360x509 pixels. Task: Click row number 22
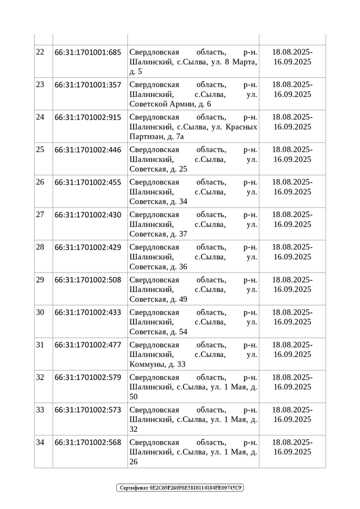40,52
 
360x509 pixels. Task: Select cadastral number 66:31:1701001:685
88,52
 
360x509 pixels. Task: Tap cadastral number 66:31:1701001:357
88,85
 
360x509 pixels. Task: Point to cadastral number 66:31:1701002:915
88,117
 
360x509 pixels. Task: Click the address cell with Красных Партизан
193,127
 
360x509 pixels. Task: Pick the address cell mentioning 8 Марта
193,62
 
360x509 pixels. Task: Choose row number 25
40,150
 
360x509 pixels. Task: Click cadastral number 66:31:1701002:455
88,182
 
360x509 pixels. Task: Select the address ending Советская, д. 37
193,224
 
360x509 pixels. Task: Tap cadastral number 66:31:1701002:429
88,247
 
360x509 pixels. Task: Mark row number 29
40,280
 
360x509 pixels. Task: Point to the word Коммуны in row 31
147,364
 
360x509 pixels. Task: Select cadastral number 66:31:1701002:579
88,377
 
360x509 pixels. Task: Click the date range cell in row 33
292,414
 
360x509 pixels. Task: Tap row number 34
40,442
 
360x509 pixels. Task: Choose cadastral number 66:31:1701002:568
88,442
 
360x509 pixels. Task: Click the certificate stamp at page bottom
180,488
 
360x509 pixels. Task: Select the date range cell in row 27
292,219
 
